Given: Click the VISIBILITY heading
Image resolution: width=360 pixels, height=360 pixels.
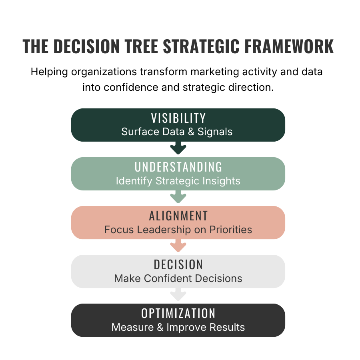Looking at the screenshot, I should [x=178, y=118].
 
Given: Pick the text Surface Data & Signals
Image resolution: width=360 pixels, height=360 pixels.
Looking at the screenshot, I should [x=177, y=132].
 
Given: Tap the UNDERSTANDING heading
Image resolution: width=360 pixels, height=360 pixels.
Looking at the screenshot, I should [x=178, y=167].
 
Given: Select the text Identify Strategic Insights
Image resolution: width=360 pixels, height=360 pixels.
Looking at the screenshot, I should [x=178, y=181].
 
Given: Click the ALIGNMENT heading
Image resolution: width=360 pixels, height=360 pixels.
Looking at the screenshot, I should [x=178, y=216].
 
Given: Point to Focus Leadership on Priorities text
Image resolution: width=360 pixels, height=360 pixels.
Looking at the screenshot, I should [x=178, y=230].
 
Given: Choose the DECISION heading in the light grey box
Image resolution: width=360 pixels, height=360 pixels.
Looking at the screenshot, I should [x=178, y=265].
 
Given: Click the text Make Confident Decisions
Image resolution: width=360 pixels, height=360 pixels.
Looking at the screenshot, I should [x=178, y=278].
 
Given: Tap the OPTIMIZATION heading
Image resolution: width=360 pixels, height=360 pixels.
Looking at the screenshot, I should [x=178, y=314].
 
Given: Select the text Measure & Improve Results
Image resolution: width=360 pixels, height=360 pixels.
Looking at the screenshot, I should [x=178, y=327].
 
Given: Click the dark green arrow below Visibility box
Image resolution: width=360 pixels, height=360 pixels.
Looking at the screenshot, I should [x=178, y=149].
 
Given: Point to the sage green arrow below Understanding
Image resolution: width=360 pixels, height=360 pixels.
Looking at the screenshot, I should [x=178, y=198].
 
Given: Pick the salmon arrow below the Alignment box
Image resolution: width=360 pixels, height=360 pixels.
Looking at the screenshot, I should [x=178, y=246].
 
